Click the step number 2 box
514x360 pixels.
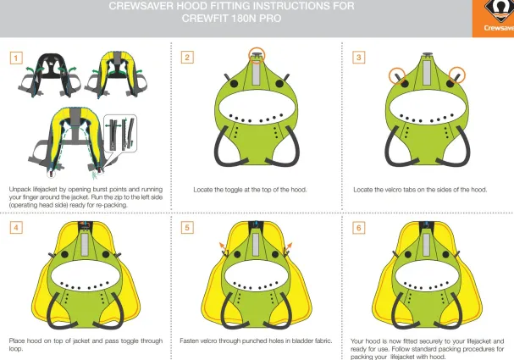pyautogui.click(x=187, y=58)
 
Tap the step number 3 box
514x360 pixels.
pyautogui.click(x=359, y=58)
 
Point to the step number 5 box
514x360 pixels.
pyautogui.click(x=187, y=229)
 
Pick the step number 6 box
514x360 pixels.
pyautogui.click(x=359, y=229)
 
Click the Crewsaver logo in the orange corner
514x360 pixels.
pyautogui.click(x=493, y=19)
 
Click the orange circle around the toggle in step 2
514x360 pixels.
pyautogui.click(x=257, y=55)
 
